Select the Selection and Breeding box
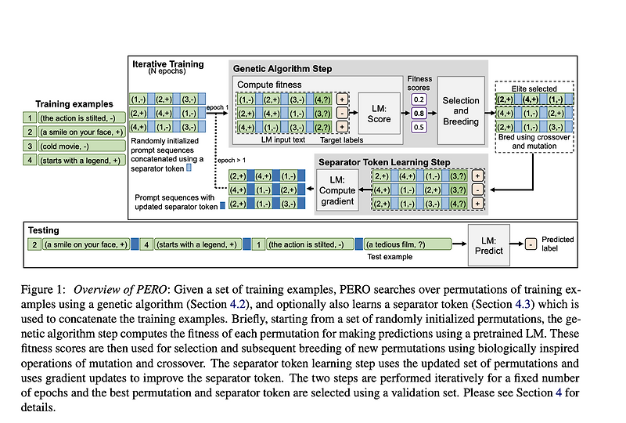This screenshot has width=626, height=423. pos(461,111)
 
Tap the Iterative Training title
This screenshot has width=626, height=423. pos(168,63)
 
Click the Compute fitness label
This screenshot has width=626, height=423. pos(268,85)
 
